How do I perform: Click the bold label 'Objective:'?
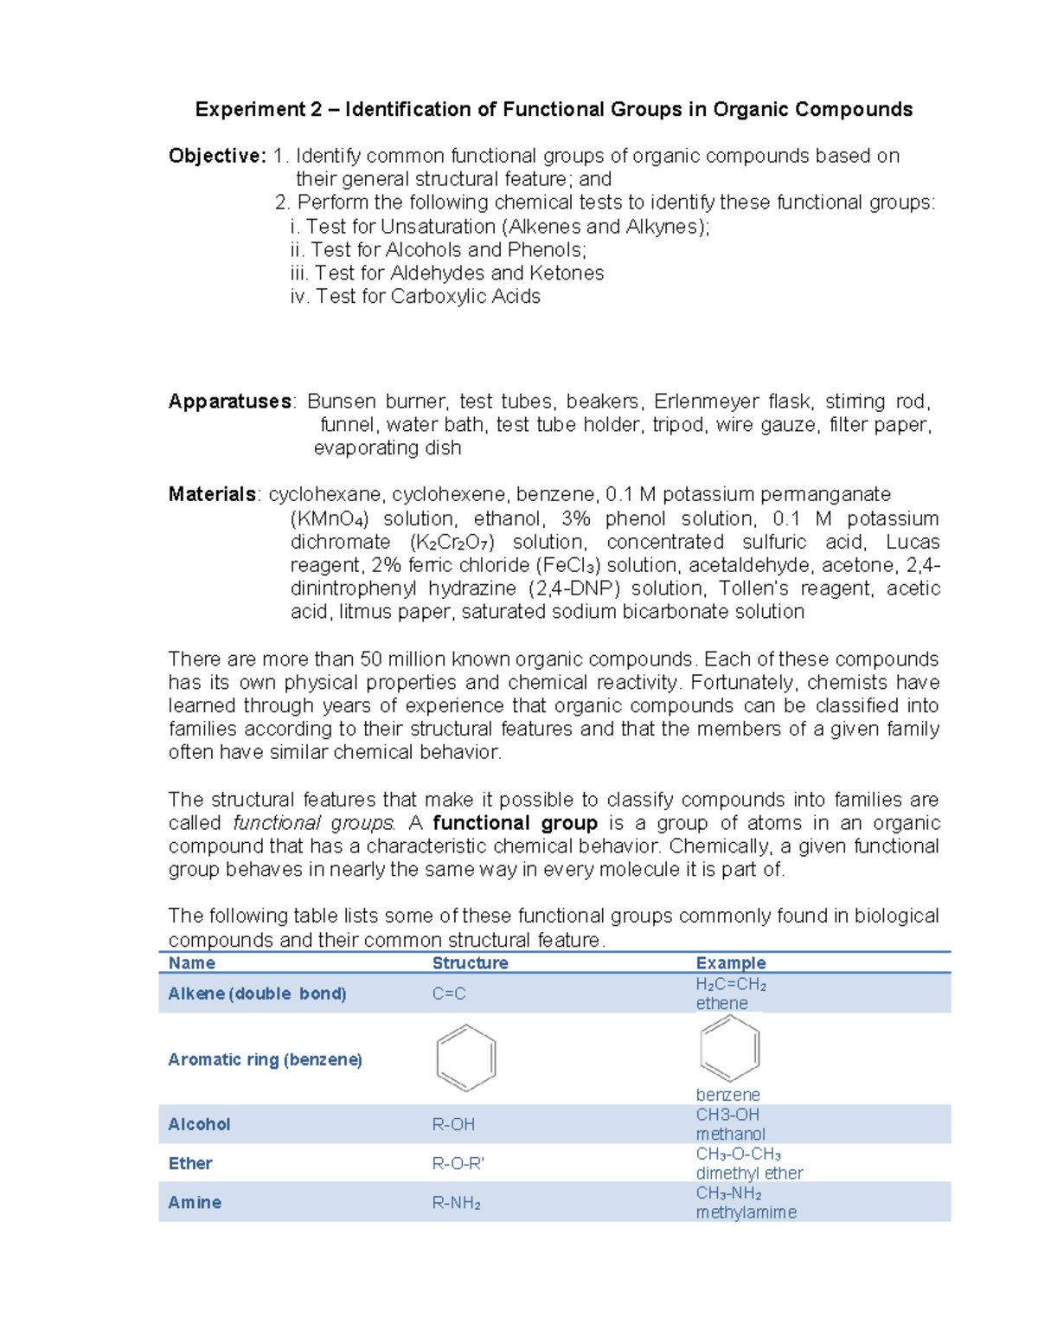pyautogui.click(x=217, y=156)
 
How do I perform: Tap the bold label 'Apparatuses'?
pyautogui.click(x=230, y=402)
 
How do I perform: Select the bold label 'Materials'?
pyautogui.click(x=212, y=494)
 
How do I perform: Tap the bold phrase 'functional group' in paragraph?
pyautogui.click(x=515, y=823)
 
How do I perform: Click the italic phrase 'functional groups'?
pyautogui.click(x=314, y=823)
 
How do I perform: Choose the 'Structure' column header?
pyautogui.click(x=470, y=963)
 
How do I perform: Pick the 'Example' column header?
pyautogui.click(x=731, y=963)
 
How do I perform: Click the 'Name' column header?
pyautogui.click(x=192, y=963)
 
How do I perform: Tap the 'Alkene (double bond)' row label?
pyautogui.click(x=257, y=994)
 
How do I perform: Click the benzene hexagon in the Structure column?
pyautogui.click(x=466, y=1058)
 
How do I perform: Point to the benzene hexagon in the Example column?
pyautogui.click(x=729, y=1048)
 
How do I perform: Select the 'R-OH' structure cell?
pyautogui.click(x=453, y=1124)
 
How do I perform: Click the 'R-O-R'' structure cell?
pyautogui.click(x=458, y=1163)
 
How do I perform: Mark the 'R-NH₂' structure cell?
pyautogui.click(x=456, y=1203)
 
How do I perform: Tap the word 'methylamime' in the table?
pyautogui.click(x=746, y=1212)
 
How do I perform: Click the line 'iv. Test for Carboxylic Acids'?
pyautogui.click(x=415, y=297)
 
